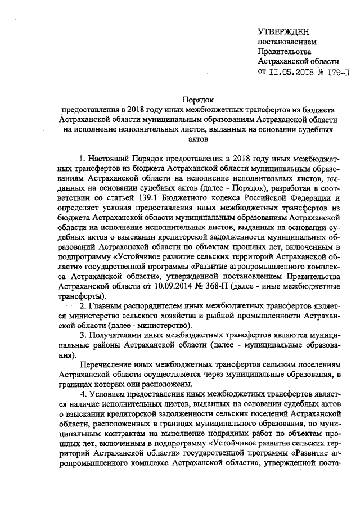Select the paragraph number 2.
(82, 305)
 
